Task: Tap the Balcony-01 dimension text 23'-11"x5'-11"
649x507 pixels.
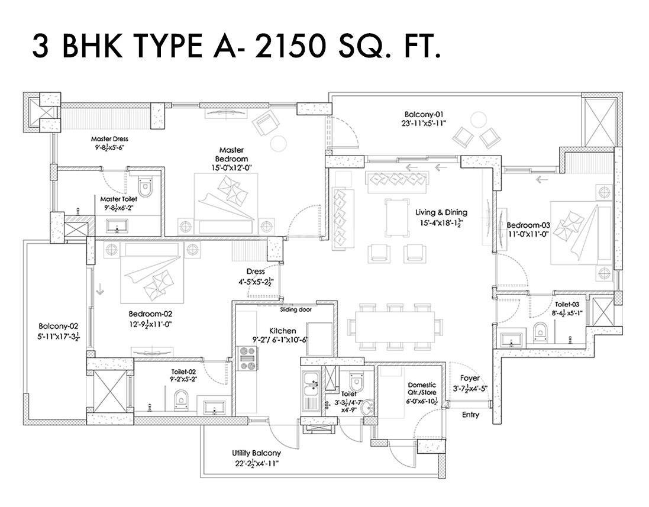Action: [x=424, y=124]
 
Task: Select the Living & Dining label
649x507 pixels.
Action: [x=441, y=212]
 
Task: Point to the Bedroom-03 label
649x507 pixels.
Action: [x=528, y=225]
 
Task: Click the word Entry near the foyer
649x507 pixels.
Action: [x=470, y=415]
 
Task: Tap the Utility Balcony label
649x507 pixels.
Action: [x=256, y=453]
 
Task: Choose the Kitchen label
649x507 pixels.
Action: [x=283, y=331]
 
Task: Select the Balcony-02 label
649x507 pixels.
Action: [x=58, y=326]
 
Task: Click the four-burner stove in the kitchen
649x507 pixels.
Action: [x=247, y=358]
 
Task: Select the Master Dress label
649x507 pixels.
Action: [x=109, y=139]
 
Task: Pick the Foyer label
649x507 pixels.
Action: [x=470, y=378]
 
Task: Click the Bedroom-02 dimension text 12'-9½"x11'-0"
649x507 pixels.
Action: [x=150, y=324]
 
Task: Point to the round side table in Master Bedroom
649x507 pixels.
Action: [x=278, y=143]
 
